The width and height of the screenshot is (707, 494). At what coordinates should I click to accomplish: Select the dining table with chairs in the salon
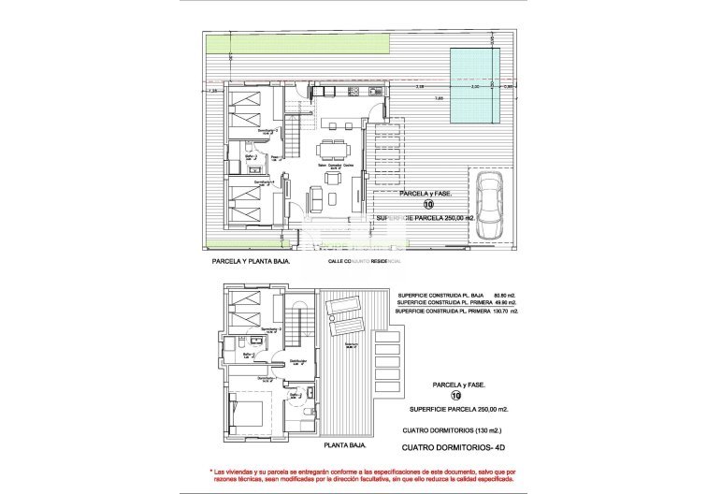332,151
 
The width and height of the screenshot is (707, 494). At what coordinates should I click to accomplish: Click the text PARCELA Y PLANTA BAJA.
250,263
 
